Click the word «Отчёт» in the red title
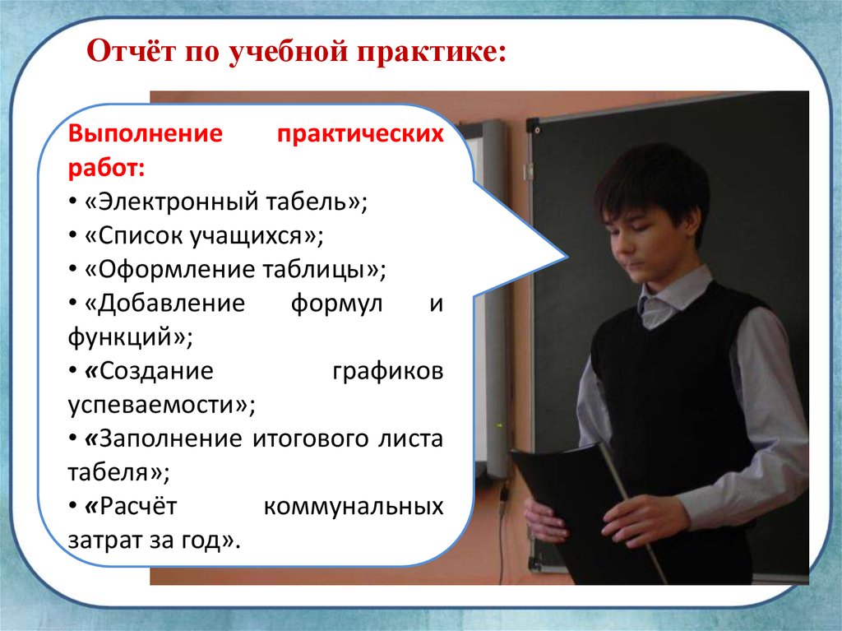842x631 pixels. [x=131, y=52]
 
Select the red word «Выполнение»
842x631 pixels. [x=145, y=133]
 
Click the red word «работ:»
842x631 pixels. [x=106, y=169]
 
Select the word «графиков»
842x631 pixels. [x=388, y=372]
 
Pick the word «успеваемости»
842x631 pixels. [x=151, y=406]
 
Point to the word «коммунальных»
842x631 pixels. [x=354, y=507]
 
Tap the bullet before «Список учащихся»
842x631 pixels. [x=72, y=236]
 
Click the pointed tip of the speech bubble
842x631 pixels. [x=567, y=257]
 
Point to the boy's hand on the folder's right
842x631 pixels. [x=645, y=517]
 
